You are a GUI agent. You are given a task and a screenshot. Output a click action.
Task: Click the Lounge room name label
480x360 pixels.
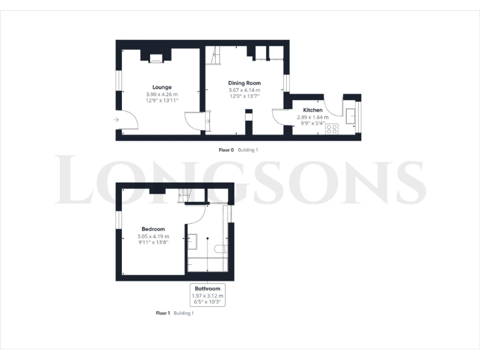point(162,87)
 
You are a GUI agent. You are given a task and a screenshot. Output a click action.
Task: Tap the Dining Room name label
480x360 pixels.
point(244,83)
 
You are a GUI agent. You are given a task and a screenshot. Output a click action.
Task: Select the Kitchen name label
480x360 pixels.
point(312,110)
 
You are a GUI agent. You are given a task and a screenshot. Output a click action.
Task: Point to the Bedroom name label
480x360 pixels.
point(153,229)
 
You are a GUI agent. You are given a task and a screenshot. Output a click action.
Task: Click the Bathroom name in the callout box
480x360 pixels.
point(207,289)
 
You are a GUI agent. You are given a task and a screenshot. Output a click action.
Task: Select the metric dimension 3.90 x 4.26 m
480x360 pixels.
point(162,94)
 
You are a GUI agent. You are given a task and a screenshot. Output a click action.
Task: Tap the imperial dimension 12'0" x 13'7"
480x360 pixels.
point(244,96)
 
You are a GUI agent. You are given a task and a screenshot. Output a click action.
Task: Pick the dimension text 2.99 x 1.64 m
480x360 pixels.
point(312,117)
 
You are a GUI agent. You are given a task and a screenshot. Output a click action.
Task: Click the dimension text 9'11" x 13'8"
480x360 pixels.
point(153,242)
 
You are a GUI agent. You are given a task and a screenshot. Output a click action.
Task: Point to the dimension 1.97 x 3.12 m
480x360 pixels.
point(207,296)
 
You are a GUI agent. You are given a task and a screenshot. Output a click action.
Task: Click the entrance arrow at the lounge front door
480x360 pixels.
point(117,119)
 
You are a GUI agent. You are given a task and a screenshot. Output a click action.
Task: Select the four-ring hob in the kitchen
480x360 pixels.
point(331,129)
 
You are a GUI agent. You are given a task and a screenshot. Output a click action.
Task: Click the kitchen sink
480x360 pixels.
point(350,115)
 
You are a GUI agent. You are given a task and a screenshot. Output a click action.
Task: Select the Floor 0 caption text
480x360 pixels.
point(226,150)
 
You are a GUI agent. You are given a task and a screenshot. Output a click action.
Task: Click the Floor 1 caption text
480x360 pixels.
point(162,312)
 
